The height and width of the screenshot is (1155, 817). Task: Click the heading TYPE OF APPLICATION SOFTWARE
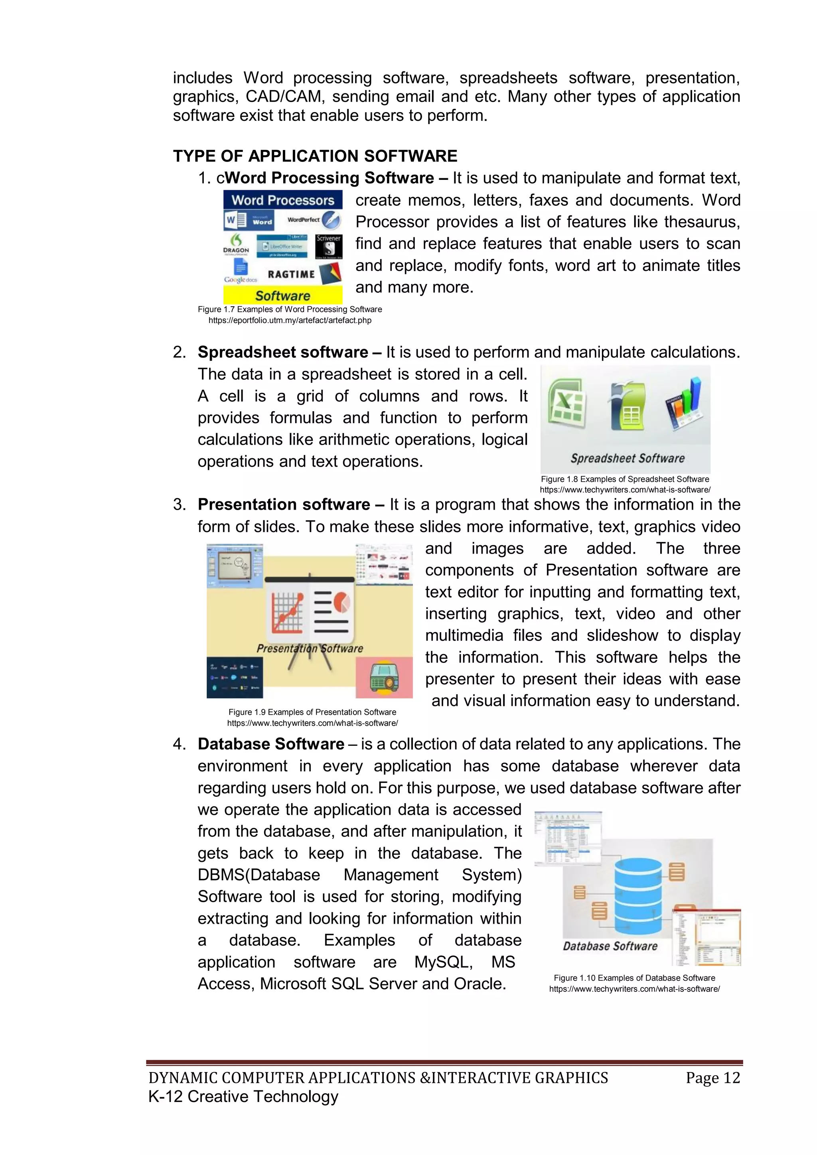pyautogui.click(x=315, y=156)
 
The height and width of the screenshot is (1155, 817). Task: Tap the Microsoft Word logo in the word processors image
pyautogui.click(x=249, y=220)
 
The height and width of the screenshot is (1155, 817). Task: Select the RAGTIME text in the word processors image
pyautogui.click(x=291, y=274)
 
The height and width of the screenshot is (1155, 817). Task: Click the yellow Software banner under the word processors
pyautogui.click(x=283, y=295)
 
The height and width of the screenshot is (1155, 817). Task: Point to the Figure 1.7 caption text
pyautogui.click(x=290, y=309)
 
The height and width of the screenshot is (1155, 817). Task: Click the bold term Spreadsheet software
pyautogui.click(x=283, y=352)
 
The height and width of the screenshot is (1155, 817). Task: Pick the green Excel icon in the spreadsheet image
pyautogui.click(x=567, y=406)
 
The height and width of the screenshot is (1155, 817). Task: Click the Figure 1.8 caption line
pyautogui.click(x=625, y=479)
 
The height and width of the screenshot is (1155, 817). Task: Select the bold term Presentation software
pyautogui.click(x=284, y=505)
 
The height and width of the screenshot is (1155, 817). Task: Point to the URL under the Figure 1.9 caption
pyautogui.click(x=312, y=723)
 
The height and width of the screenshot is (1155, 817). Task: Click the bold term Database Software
pyautogui.click(x=270, y=744)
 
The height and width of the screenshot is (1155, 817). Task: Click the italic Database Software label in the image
pyautogui.click(x=610, y=946)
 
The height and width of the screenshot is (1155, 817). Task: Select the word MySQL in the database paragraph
pyautogui.click(x=443, y=962)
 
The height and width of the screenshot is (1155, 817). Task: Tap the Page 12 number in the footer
pyautogui.click(x=713, y=1078)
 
